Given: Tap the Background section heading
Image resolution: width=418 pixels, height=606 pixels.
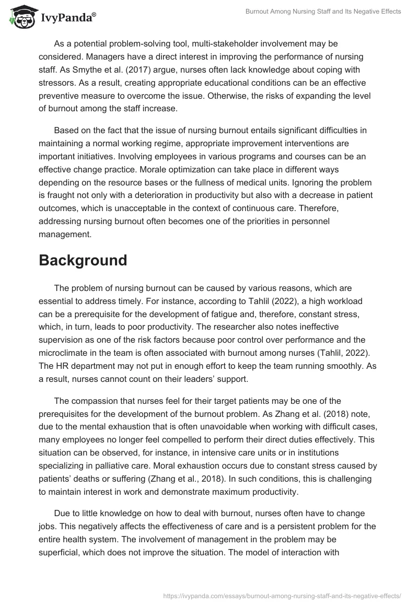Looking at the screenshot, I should (x=83, y=260).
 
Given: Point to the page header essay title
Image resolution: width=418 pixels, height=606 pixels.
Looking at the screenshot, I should (x=323, y=11).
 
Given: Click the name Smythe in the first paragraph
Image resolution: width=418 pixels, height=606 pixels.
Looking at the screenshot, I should (x=132, y=69).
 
